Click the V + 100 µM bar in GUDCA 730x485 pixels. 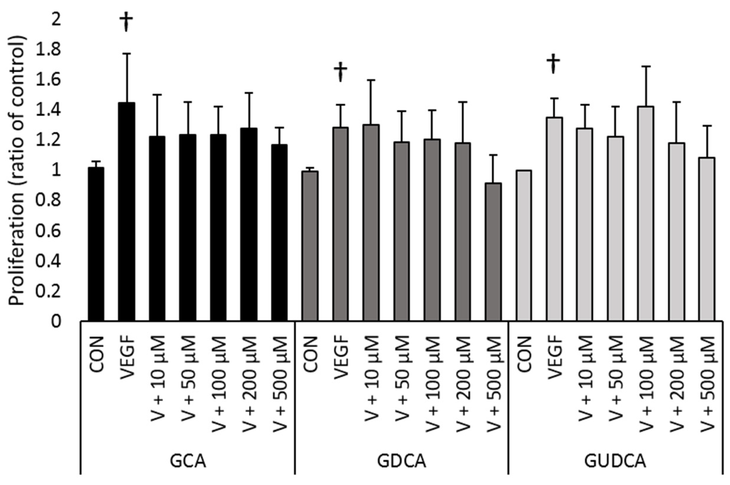coord(646,213)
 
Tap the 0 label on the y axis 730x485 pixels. coord(56,322)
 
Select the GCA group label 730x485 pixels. coord(188,462)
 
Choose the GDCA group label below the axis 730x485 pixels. coord(402,462)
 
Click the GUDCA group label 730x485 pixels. coord(615,462)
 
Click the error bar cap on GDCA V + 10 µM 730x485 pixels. coord(371,80)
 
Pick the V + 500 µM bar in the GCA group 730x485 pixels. coord(279,232)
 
